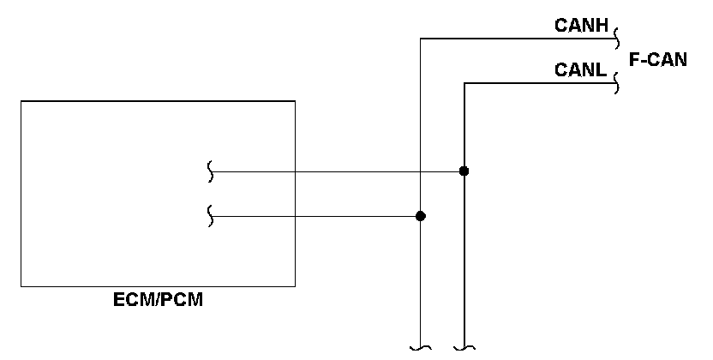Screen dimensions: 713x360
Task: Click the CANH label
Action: [581, 26]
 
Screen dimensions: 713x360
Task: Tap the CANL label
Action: [581, 70]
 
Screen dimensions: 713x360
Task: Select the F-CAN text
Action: [658, 59]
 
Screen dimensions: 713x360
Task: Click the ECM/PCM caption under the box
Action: [158, 300]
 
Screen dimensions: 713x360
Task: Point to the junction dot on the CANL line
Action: [464, 171]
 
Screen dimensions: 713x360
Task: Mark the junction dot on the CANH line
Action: [421, 216]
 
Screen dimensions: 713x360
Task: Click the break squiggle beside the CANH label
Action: [617, 39]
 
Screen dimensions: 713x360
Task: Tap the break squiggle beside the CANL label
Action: [617, 83]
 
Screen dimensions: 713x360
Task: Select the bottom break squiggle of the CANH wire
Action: [421, 349]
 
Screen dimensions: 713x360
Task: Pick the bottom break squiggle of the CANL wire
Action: [464, 349]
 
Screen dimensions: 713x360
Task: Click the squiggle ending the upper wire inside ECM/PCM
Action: [210, 171]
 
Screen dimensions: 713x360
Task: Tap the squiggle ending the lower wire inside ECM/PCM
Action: [210, 216]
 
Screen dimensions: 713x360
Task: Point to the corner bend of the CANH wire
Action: [421, 39]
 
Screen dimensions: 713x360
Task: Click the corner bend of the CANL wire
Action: [464, 83]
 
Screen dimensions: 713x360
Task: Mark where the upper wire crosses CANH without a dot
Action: [421, 171]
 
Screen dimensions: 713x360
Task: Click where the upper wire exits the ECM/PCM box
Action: [295, 171]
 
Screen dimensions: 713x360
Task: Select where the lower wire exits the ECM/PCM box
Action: [295, 216]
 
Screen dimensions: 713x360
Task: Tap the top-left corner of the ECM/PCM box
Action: [21, 101]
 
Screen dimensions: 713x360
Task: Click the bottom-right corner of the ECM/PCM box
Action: [295, 286]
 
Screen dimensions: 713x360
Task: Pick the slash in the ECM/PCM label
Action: [157, 300]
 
